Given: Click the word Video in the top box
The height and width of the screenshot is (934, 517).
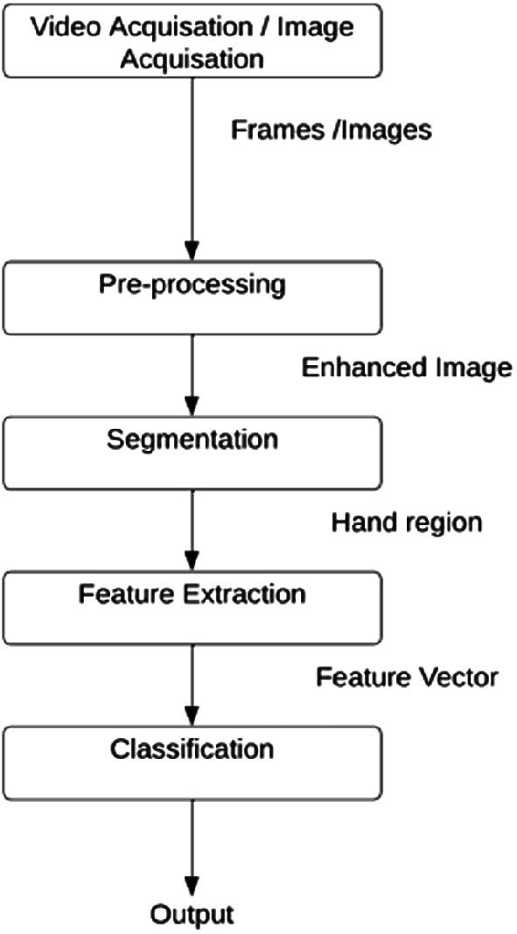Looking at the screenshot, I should (67, 27).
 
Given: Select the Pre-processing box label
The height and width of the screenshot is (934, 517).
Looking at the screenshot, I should (192, 285).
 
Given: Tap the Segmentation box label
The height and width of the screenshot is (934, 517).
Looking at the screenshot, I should (192, 439).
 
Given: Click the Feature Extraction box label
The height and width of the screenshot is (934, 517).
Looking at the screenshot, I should (192, 594).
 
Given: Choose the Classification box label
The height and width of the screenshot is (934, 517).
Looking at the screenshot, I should (192, 749).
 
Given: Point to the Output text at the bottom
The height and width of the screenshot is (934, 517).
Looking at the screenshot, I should (192, 916).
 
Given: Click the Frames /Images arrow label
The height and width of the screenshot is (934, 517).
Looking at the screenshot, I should (331, 130).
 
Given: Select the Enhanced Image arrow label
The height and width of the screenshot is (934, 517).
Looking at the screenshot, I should (406, 368).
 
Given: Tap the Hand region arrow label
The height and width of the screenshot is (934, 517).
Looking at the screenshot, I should (406, 523).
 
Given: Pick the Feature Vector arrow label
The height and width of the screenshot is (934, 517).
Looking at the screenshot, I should (406, 677).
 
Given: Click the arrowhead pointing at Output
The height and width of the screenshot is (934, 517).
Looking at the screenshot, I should (192, 887).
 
